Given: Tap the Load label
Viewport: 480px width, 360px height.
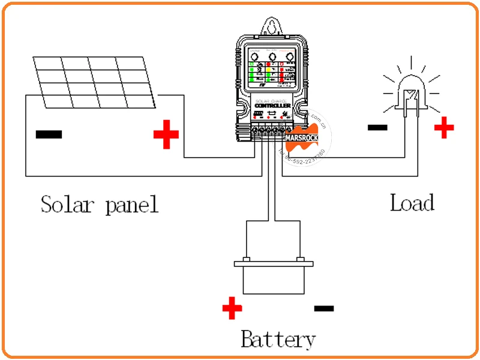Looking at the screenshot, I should [412, 202].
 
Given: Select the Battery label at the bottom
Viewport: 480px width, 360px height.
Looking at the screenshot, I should [278, 340].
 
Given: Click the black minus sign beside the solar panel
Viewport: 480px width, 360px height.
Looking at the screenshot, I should [49, 134].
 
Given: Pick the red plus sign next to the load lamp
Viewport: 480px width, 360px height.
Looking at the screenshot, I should [444, 127].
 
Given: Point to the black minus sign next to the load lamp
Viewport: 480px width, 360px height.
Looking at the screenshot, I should [377, 127].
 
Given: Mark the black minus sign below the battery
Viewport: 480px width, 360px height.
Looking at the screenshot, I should [324, 308].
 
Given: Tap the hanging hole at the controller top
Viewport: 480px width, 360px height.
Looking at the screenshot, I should [273, 28].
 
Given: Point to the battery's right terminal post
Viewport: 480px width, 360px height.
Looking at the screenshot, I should [300, 260].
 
